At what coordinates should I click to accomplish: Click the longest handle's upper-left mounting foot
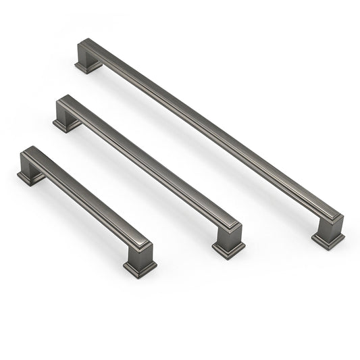point(86,66)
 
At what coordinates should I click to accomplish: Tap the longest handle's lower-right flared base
point(328,238)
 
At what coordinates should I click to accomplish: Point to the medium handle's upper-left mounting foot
point(66,123)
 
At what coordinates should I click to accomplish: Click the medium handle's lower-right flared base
point(229,248)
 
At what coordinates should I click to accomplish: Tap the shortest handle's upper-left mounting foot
point(30,176)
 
